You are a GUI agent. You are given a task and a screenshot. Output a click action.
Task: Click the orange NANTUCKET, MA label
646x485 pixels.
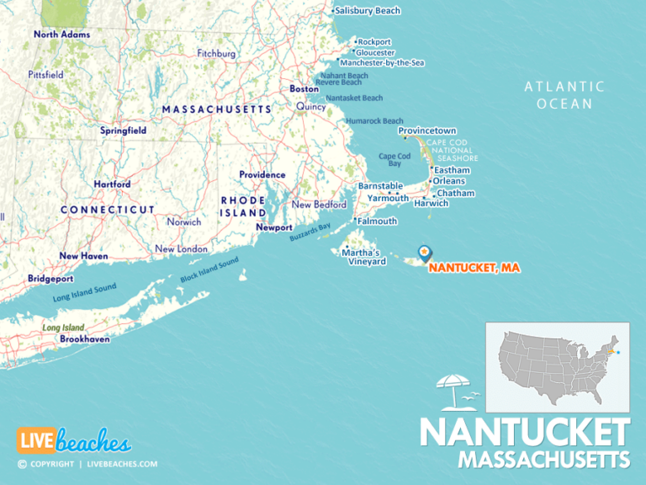point(474,268)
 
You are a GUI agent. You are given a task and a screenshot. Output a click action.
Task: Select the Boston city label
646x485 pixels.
point(304,88)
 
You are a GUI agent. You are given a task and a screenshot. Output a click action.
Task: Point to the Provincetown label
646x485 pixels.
point(427,131)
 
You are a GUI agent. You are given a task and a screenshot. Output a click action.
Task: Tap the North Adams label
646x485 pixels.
point(61,35)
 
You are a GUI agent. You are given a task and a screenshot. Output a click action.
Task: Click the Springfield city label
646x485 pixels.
point(124,131)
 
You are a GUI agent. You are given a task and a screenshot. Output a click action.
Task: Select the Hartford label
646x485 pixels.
point(112,184)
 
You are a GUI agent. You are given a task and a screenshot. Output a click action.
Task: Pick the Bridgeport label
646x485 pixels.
point(50,278)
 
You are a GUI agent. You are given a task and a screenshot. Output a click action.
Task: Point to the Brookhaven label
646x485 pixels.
point(84,338)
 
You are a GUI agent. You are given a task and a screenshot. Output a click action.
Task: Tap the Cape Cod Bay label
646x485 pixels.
point(394,160)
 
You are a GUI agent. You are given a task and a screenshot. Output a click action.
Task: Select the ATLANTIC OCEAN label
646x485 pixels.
point(564,95)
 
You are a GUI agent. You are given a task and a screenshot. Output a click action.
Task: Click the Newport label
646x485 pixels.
point(274,227)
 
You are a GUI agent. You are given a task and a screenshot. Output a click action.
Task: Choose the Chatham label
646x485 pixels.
point(455,193)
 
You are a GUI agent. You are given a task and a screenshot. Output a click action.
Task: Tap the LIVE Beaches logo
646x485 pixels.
point(74,441)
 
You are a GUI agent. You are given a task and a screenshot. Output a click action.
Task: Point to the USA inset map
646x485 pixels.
point(558,355)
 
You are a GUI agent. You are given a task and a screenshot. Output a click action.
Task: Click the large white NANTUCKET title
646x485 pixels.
point(525,432)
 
